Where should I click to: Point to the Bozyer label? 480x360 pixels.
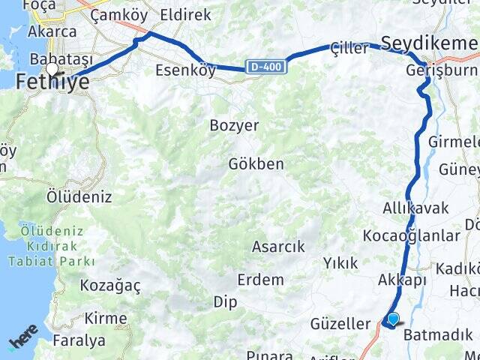point(234,125)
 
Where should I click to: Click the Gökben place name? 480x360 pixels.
point(256,163)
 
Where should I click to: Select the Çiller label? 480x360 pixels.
point(349,49)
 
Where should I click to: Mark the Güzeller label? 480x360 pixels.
point(340,325)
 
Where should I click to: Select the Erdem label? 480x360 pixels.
point(260,280)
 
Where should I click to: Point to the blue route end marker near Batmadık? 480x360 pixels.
point(392,320)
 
